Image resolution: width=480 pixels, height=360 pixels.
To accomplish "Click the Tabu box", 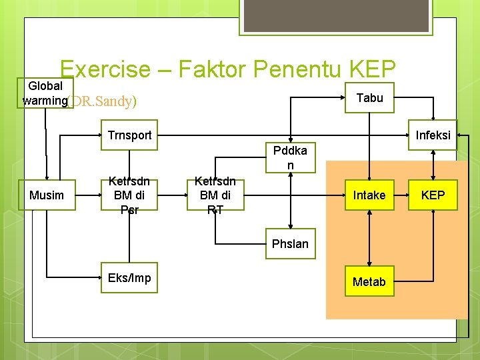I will [369, 98].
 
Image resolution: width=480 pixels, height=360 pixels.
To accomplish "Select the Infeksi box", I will [433, 135].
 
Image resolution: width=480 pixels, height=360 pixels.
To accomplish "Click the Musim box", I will [47, 195].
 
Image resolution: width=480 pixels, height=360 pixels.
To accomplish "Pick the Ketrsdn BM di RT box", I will [215, 195].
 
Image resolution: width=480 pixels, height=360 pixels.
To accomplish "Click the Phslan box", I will [290, 243].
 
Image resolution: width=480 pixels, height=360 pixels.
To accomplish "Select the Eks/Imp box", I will [129, 277].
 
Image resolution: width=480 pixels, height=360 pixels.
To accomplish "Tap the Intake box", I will [369, 195].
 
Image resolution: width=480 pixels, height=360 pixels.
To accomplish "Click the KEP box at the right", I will [433, 195].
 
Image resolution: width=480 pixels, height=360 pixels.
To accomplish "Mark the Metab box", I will [369, 281].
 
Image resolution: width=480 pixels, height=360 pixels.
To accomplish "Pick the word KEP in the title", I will [372, 70].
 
